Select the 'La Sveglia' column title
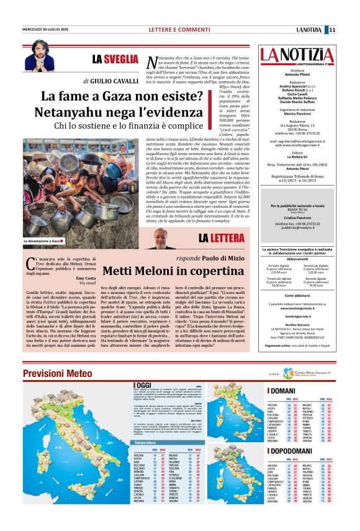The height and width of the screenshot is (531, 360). (115, 60)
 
